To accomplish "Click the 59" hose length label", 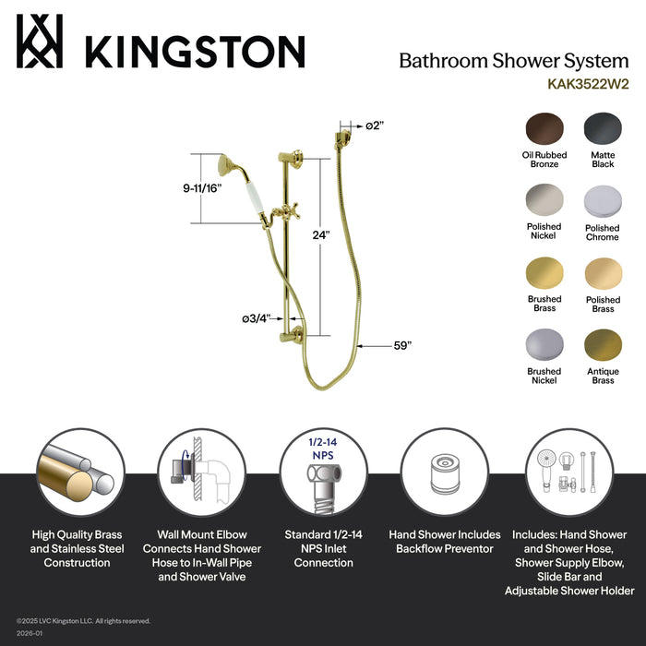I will point(401,345).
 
